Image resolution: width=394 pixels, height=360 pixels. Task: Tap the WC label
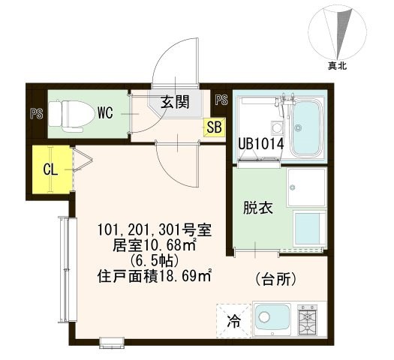107,115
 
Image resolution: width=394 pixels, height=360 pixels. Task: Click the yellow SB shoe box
213,127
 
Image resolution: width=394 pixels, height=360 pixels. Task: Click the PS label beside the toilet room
35,115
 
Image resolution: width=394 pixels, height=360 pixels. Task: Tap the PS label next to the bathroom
221,100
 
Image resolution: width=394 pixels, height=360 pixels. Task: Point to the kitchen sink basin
272,318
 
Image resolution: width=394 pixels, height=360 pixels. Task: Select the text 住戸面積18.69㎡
157,276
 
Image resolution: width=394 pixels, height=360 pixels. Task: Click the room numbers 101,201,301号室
157,229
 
